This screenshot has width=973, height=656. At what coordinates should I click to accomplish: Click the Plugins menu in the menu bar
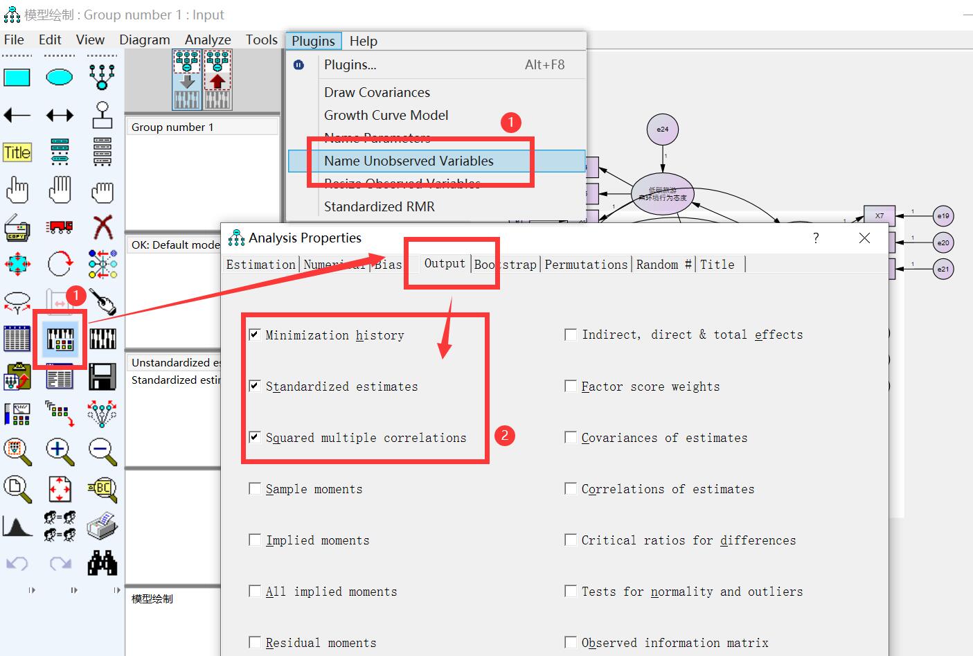pos(313,41)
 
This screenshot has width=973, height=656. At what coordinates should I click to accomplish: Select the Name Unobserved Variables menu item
pos(409,161)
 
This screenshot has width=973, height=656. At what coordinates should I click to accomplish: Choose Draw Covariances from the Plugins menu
pos(377,92)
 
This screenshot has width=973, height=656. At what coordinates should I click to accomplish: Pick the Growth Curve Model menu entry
pos(386,115)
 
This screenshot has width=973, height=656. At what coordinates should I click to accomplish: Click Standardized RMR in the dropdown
pos(379,206)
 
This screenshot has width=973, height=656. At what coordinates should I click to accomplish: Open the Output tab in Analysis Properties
pos(445,264)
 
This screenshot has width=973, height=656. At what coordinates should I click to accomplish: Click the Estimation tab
pos(260,265)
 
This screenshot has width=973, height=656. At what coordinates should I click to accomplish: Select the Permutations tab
pos(586,265)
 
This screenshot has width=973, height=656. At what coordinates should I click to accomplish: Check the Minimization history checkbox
pos(255,335)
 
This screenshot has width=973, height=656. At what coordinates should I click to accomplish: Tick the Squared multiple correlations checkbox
pos(255,437)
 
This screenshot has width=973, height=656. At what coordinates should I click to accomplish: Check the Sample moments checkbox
pos(255,488)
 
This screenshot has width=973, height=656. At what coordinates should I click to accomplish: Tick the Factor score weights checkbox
pos(571,386)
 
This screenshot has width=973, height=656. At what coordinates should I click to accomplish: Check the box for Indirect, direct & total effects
pos(571,335)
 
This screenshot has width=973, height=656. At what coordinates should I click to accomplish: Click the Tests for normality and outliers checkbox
pos(571,591)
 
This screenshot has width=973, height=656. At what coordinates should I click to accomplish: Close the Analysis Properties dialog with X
pos(864,238)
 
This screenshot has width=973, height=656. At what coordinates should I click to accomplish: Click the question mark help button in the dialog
pos(816,238)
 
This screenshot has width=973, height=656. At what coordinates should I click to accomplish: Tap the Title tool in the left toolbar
pos(17,152)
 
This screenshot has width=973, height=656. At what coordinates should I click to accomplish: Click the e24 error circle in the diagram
pos(663,130)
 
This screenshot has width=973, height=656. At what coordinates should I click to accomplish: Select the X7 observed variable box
pos(879,215)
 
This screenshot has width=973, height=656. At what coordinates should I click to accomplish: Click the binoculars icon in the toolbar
pos(102,563)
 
